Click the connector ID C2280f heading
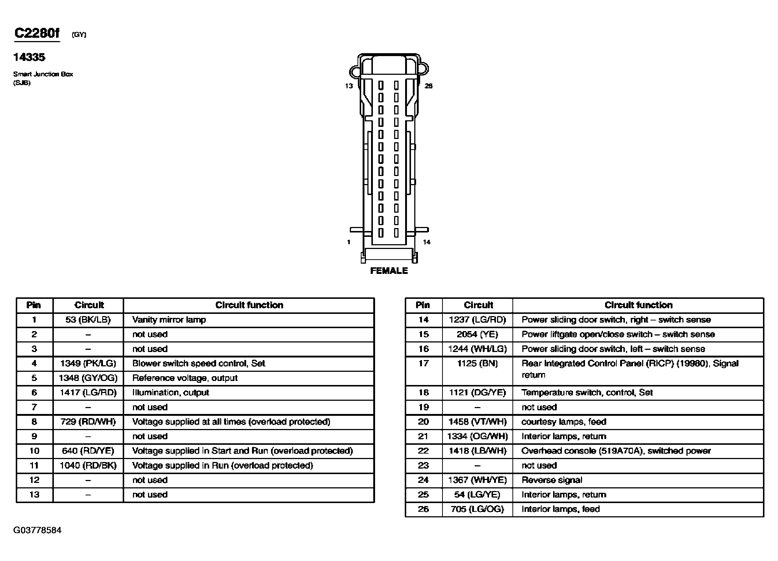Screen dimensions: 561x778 [37, 33]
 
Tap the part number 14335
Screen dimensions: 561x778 [29, 57]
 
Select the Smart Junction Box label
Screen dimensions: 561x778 [43, 74]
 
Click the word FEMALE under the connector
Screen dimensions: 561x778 [389, 271]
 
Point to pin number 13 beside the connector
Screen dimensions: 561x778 [349, 86]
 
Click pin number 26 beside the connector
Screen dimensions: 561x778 [429, 86]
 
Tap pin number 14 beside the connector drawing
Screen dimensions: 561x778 [427, 242]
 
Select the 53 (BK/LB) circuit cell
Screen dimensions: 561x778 [88, 320]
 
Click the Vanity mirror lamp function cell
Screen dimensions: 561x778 [169, 320]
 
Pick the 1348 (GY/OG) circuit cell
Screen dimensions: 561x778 [88, 378]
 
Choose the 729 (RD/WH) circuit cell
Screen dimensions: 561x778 [88, 422]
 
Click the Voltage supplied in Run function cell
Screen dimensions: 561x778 [222, 465]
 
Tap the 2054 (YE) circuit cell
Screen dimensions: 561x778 [477, 334]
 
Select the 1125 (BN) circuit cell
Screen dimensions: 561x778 [477, 364]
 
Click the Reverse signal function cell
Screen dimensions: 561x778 [552, 480]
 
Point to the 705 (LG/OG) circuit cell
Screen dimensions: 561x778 [477, 509]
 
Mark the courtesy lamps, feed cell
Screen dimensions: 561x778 [564, 422]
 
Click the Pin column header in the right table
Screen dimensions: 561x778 [423, 305]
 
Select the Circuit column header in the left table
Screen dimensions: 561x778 [89, 305]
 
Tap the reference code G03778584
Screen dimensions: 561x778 [37, 530]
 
